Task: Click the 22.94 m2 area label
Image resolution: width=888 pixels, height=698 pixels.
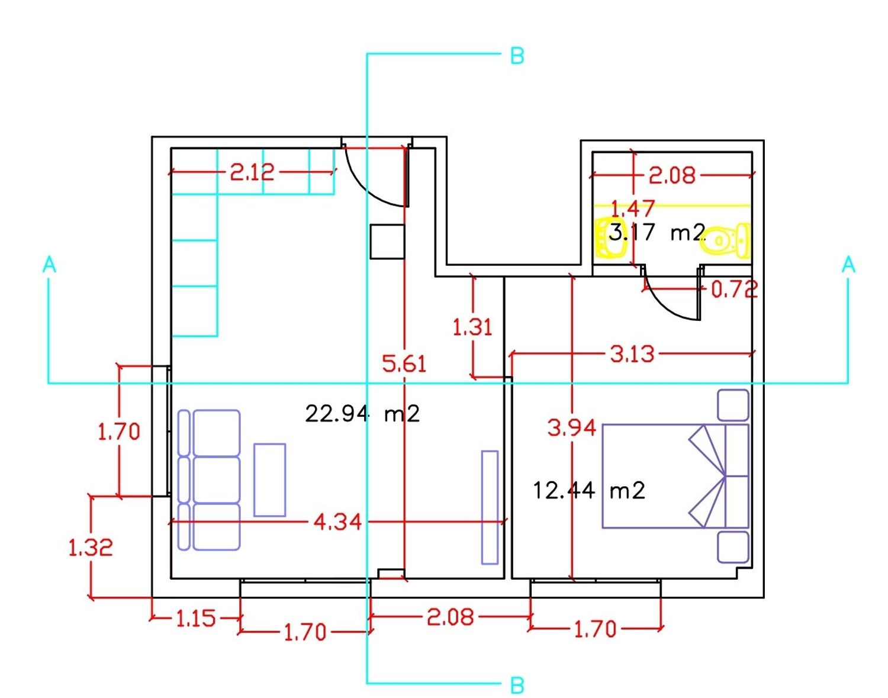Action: pyautogui.click(x=362, y=414)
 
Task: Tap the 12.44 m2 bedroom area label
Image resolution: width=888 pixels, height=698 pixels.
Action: pyautogui.click(x=589, y=490)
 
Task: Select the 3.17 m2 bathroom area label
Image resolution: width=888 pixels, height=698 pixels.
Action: pyautogui.click(x=657, y=233)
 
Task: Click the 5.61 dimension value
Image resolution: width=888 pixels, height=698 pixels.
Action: pyautogui.click(x=404, y=364)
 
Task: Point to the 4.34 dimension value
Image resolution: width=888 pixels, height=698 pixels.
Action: pyautogui.click(x=337, y=522)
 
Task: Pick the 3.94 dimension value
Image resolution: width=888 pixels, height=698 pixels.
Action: pyautogui.click(x=572, y=428)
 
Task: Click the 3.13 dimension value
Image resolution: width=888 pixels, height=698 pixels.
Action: pyautogui.click(x=632, y=354)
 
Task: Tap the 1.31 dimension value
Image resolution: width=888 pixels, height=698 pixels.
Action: pyautogui.click(x=472, y=328)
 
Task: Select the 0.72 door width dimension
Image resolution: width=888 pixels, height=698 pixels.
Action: pyautogui.click(x=734, y=290)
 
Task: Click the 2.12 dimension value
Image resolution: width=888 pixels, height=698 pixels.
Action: pyautogui.click(x=252, y=172)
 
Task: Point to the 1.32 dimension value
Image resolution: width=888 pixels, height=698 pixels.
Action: pyautogui.click(x=91, y=548)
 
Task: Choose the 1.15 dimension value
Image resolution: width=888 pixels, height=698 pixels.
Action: pyautogui.click(x=195, y=618)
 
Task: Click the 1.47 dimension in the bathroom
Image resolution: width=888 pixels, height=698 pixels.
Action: pyautogui.click(x=633, y=209)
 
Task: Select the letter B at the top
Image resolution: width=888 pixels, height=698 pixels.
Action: pyautogui.click(x=517, y=56)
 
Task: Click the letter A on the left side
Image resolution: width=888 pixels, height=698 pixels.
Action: pyautogui.click(x=49, y=265)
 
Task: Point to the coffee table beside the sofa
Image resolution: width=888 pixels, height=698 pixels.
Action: pyautogui.click(x=270, y=480)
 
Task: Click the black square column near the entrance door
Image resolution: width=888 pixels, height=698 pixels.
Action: pyautogui.click(x=387, y=241)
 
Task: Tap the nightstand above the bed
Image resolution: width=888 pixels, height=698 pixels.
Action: pyautogui.click(x=733, y=405)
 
